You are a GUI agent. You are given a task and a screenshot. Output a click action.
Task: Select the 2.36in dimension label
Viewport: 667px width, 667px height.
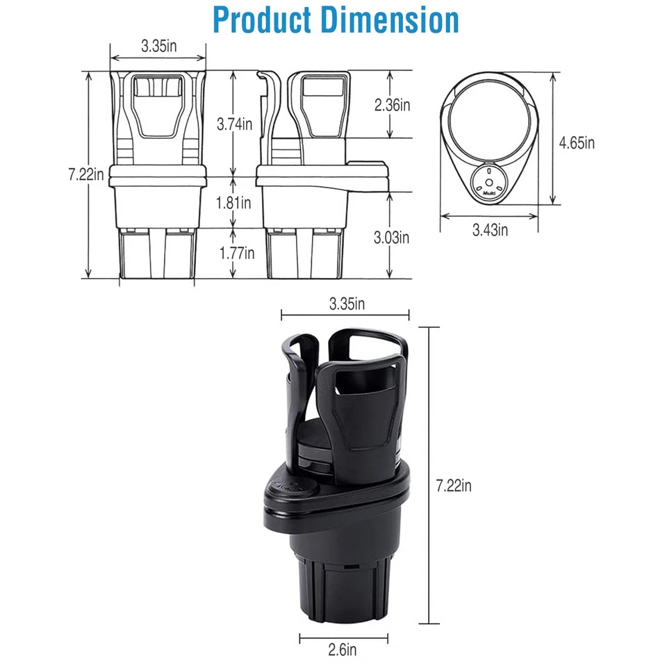point(393,105)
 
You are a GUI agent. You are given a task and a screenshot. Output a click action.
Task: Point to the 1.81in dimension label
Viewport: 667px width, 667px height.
point(234,202)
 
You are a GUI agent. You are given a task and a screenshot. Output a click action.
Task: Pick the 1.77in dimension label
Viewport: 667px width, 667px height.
point(234,253)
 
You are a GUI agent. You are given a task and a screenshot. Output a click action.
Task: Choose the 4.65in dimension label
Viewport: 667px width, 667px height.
point(577,143)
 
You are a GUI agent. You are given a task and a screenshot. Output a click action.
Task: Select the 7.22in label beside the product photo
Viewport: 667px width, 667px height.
point(454,486)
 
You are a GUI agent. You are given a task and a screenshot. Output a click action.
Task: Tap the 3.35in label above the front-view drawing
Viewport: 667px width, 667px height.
point(158,47)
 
